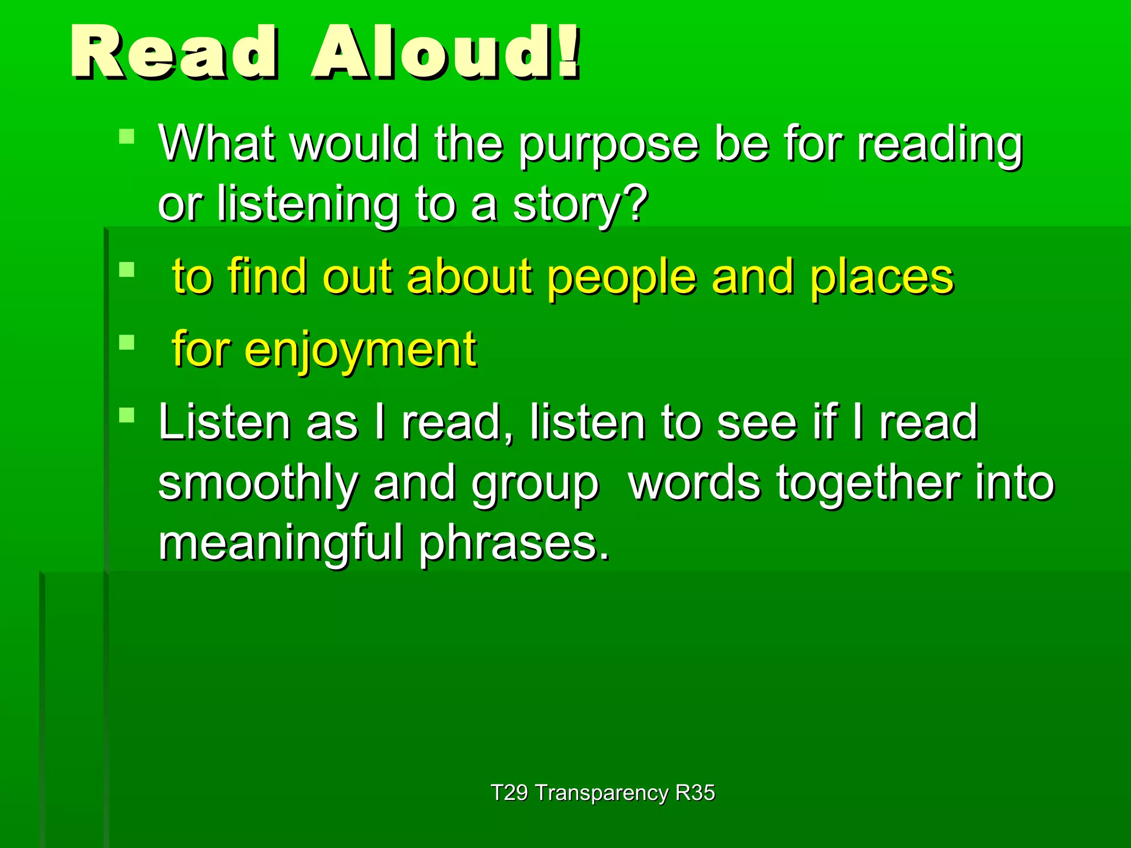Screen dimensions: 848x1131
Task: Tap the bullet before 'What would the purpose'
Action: tap(126, 136)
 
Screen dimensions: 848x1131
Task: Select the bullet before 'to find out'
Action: tap(126, 269)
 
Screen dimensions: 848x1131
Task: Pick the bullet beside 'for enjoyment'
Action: tap(126, 342)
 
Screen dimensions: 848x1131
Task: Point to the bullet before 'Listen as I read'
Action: tap(126, 415)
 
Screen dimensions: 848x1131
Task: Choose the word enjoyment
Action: tap(360, 350)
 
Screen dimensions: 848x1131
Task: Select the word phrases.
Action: tap(514, 544)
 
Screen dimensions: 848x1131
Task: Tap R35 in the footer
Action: tap(695, 793)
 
